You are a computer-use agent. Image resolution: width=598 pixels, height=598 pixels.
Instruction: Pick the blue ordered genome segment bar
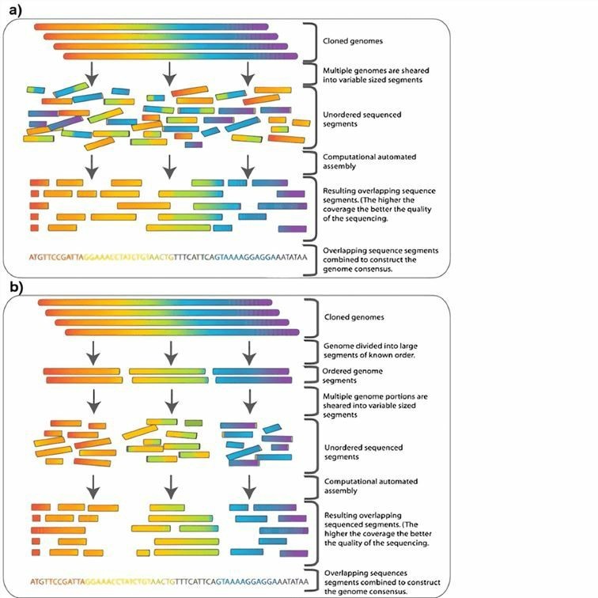(x=249, y=371)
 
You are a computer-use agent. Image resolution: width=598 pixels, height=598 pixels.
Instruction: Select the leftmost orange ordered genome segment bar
(x=81, y=371)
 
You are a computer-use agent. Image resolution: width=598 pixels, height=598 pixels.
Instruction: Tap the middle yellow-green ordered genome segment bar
(x=166, y=371)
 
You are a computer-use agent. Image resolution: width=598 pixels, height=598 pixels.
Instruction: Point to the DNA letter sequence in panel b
(x=168, y=581)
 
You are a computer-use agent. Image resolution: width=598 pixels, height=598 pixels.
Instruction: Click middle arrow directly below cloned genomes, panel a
(x=168, y=74)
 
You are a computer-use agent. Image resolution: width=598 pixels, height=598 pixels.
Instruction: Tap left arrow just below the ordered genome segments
(x=93, y=396)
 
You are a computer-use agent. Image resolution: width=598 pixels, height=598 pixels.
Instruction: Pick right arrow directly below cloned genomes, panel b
(x=250, y=349)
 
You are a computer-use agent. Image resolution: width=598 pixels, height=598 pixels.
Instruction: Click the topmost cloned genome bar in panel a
(x=153, y=28)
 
